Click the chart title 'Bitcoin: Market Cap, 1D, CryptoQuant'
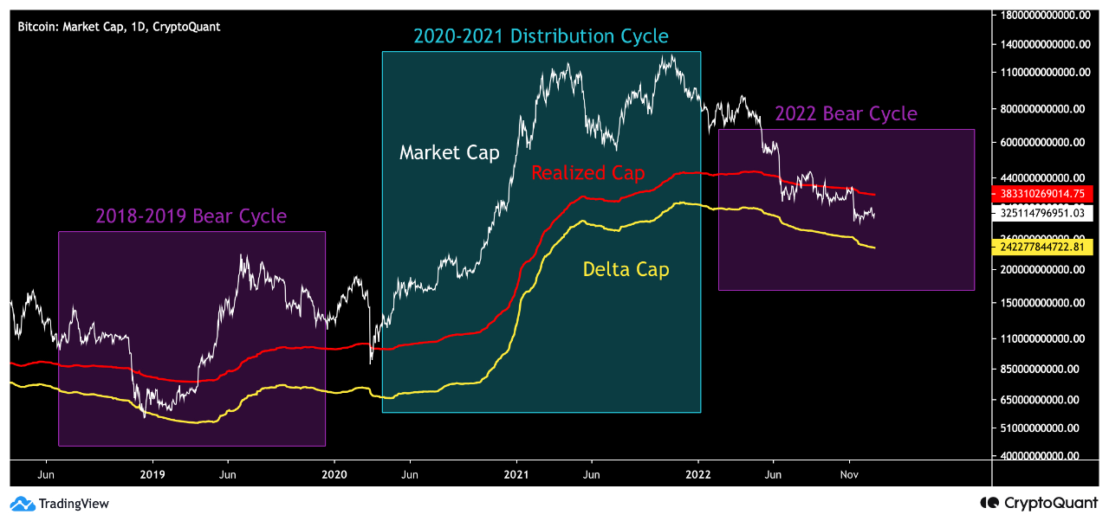point(119,27)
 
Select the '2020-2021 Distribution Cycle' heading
point(541,36)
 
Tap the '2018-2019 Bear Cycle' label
point(191,215)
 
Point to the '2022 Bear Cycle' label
point(846,114)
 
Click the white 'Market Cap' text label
point(449,153)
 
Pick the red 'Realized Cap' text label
point(587,173)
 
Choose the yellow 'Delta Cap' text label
point(626,270)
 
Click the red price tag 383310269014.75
point(1047,195)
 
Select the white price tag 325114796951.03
point(1047,212)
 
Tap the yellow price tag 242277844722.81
point(1047,248)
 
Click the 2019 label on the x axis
point(152,474)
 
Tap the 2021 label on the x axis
point(516,474)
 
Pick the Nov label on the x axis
point(849,474)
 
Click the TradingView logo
point(60,504)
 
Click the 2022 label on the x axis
point(698,474)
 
